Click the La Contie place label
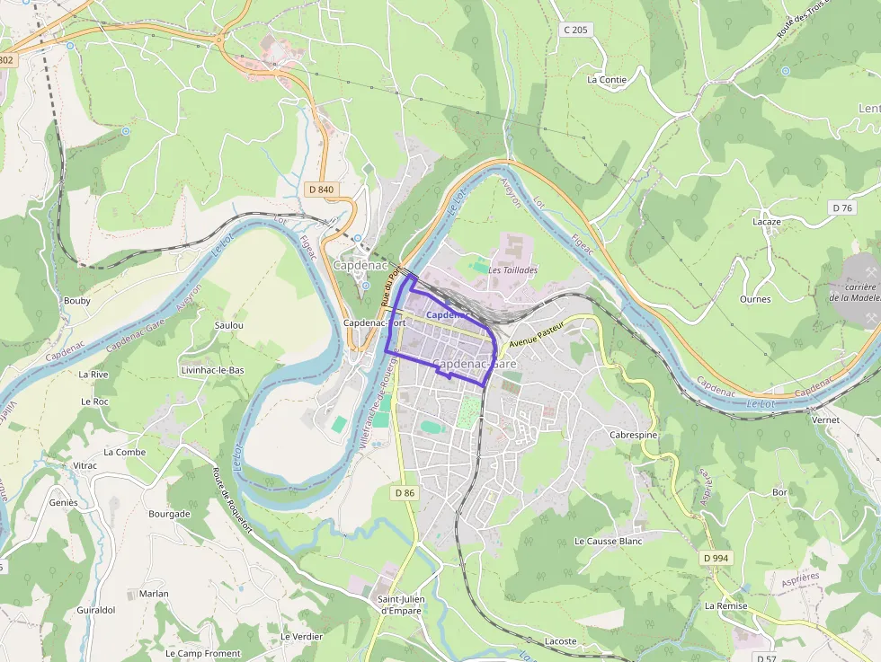[607, 79]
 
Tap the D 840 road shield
[321, 190]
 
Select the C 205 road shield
[575, 30]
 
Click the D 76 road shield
[842, 207]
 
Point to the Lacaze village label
[766, 222]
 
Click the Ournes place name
[755, 299]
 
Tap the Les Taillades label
[513, 269]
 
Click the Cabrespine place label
[634, 435]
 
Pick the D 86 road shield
[405, 492]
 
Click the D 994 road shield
[716, 558]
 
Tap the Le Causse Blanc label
[609, 542]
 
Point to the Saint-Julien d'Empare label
[400, 605]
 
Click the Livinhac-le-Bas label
[212, 370]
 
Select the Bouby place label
[77, 301]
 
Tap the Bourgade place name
[169, 515]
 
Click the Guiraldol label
[96, 610]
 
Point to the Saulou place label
[229, 325]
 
